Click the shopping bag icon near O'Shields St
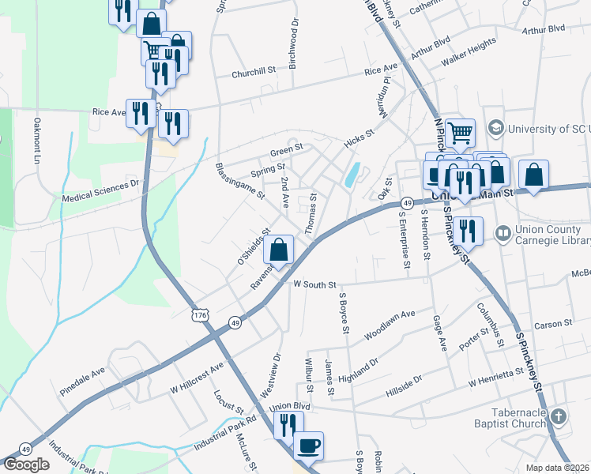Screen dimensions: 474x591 click(x=279, y=250)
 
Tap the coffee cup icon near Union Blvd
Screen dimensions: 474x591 click(x=308, y=445)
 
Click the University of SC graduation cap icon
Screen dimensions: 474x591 click(x=496, y=127)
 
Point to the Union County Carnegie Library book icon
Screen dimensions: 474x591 click(x=502, y=233)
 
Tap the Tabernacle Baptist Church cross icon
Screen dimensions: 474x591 click(x=559, y=416)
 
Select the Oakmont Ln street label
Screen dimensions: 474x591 click(x=37, y=141)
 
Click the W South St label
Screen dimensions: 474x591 click(x=314, y=284)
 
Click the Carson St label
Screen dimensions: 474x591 click(x=552, y=324)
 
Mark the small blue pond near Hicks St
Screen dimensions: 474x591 click(x=351, y=175)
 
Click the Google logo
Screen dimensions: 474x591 click(x=26, y=465)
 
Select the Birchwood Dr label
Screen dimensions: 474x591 click(x=293, y=43)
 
